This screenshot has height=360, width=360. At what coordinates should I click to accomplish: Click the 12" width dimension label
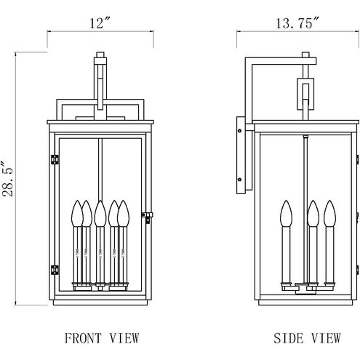tap(100, 23)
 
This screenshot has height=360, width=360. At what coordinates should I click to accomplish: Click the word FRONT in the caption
tap(83, 338)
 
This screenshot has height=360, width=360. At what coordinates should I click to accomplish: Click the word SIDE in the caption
tap(289, 338)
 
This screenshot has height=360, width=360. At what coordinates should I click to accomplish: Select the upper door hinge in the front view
tap(55, 159)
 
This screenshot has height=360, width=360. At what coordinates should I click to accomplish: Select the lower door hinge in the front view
tap(55, 270)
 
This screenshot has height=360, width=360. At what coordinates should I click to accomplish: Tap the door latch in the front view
tap(147, 217)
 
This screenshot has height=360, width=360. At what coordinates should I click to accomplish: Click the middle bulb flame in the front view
tap(100, 213)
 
